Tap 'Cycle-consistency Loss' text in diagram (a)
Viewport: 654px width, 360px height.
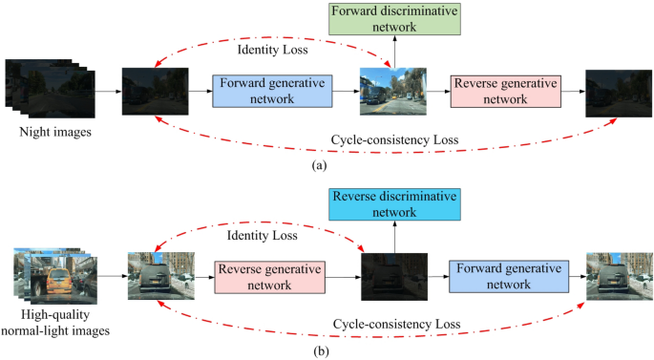(x=394, y=139)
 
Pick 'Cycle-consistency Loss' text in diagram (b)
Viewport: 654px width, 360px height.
(x=394, y=325)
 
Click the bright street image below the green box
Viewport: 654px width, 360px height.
(x=388, y=92)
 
